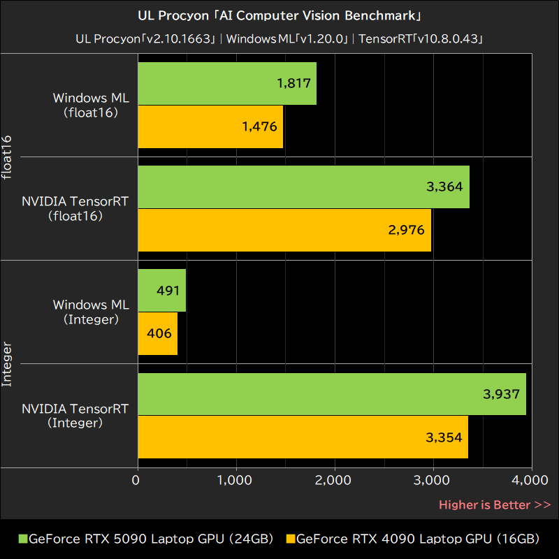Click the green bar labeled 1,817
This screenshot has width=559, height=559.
pyautogui.click(x=227, y=83)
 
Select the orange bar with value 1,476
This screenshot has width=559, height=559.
pyautogui.click(x=210, y=126)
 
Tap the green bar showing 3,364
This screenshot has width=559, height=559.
pyautogui.click(x=303, y=187)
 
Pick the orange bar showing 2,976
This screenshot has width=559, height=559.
pyautogui.click(x=284, y=230)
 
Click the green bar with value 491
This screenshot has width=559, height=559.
pyautogui.click(x=162, y=290)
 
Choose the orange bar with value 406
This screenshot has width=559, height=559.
pyautogui.click(x=158, y=333)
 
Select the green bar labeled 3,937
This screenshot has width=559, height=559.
pyautogui.click(x=332, y=393)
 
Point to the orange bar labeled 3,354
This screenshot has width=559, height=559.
pyautogui.click(x=303, y=437)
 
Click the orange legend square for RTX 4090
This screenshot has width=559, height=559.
pyautogui.click(x=291, y=539)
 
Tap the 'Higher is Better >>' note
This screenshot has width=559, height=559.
pyautogui.click(x=495, y=504)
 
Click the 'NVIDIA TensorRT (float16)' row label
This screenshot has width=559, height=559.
pyautogui.click(x=75, y=208)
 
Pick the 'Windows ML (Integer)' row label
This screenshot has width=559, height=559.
pyautogui.click(x=91, y=312)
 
